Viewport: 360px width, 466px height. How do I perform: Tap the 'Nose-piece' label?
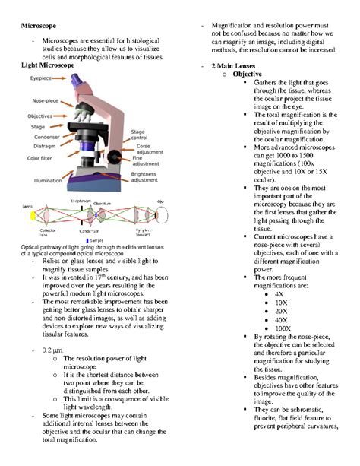pos(39,100)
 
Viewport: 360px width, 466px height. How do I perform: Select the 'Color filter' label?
pos(38,158)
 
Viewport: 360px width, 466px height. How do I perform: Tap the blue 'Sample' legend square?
pos(88,240)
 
